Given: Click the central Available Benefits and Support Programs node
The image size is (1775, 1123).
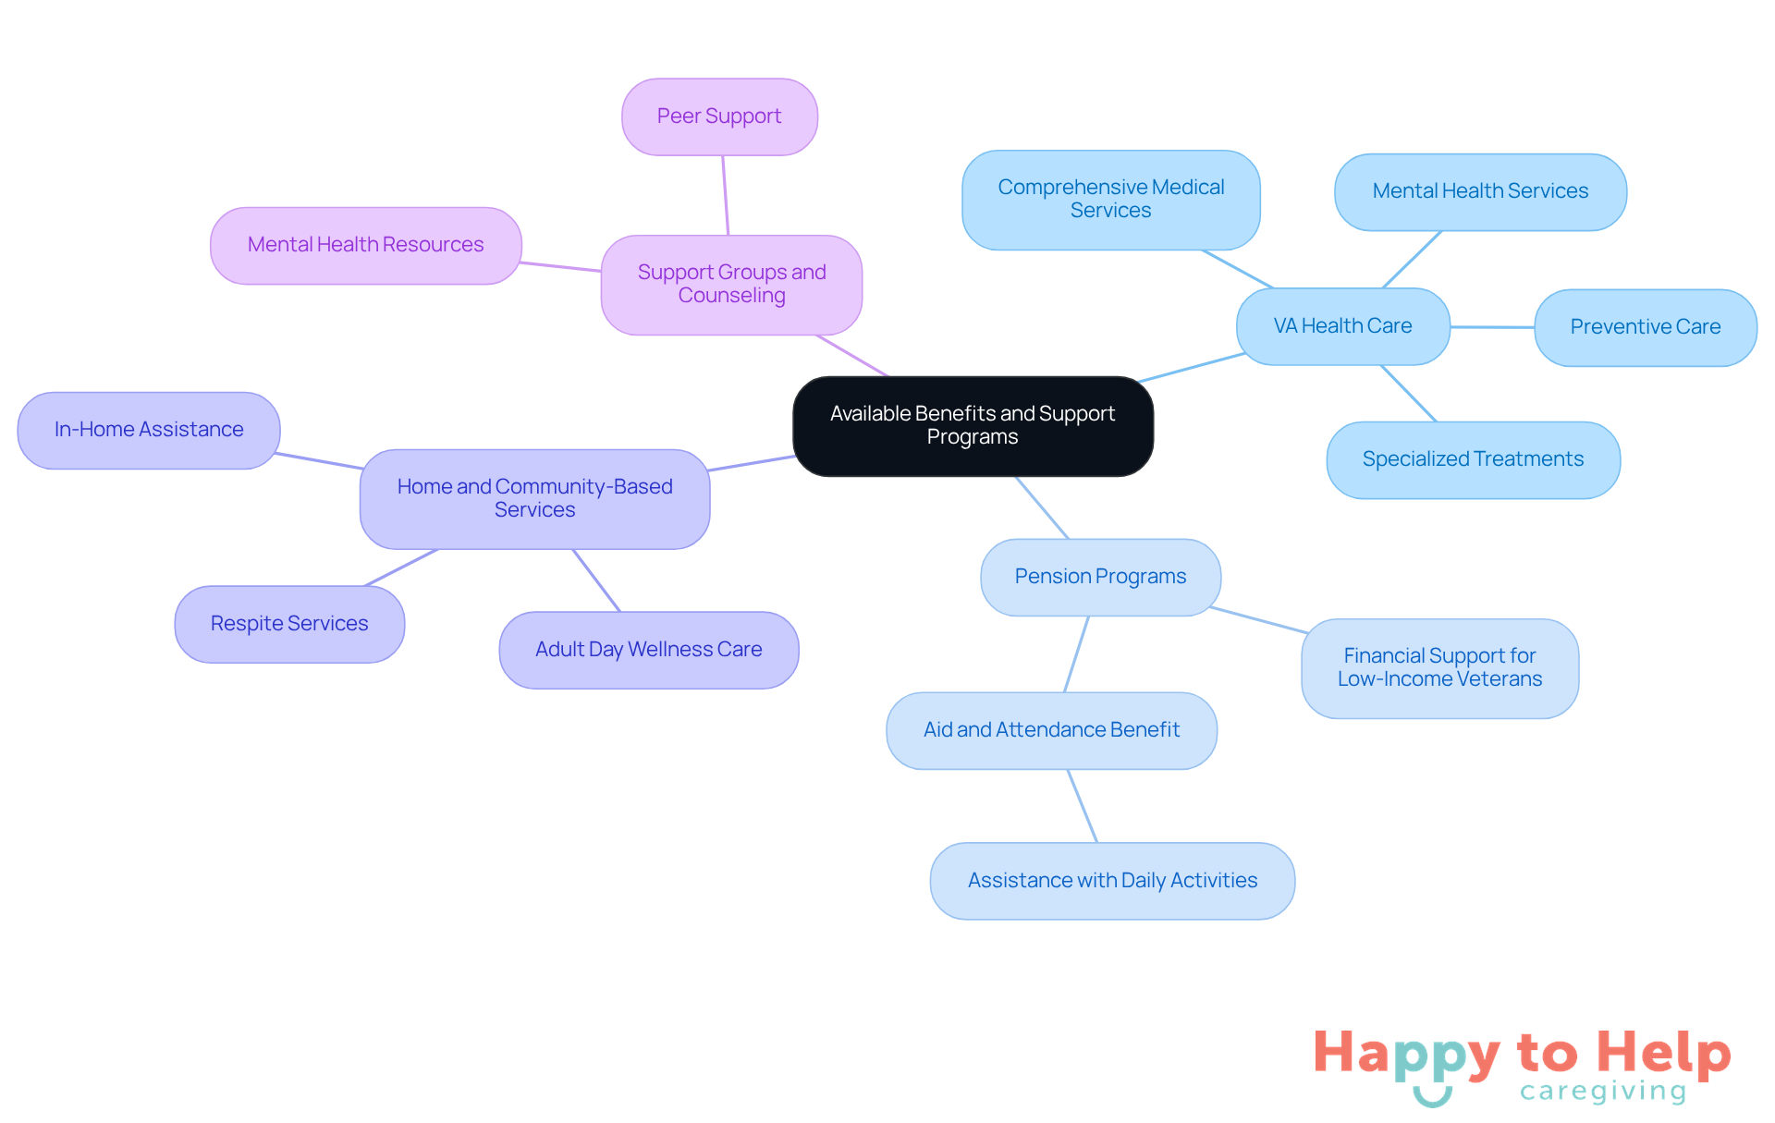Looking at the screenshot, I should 973,426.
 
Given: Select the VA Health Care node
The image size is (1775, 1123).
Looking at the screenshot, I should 1342,326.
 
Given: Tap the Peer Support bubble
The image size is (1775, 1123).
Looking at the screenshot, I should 719,116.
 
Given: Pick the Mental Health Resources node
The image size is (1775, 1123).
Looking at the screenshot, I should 365,245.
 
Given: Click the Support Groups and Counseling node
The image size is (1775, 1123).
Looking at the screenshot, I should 731,284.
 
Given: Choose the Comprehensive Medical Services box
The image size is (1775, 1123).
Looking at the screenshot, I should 1110,200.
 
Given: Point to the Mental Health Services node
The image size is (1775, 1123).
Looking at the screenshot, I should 1480,191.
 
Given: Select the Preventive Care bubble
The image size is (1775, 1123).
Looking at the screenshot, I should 1645,327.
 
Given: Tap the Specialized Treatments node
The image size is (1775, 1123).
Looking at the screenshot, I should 1473,459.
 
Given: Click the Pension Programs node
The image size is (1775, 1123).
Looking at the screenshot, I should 1100,577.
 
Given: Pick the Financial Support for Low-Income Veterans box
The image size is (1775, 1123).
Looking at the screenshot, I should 1439,667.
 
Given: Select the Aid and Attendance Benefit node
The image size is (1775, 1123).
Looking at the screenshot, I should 1051,730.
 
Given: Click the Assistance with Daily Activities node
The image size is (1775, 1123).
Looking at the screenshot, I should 1112,881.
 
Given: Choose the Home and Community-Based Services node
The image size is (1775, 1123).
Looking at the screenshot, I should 534,498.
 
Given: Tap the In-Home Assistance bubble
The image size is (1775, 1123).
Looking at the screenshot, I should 149,430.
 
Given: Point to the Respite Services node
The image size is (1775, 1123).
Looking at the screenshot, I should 289,624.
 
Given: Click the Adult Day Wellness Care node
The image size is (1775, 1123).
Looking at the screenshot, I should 648,650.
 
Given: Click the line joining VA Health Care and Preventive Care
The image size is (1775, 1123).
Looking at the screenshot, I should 1492,327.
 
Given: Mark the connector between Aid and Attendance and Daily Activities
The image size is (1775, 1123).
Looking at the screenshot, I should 1083,806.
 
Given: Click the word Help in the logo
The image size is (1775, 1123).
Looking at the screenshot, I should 1664,1054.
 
